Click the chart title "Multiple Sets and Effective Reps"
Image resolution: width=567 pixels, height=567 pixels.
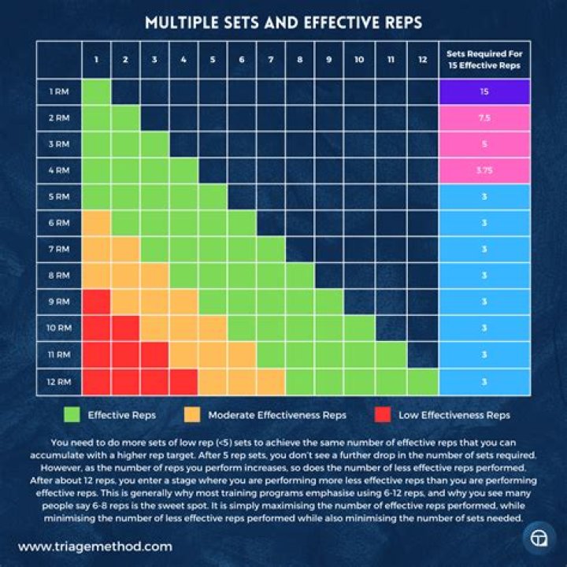tap(283, 23)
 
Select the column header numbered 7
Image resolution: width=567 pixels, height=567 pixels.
tap(271, 60)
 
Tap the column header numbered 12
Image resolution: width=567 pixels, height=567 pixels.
tap(423, 60)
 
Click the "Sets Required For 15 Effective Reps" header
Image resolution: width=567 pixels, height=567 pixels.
tap(484, 60)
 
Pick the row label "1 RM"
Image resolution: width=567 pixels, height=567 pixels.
tap(59, 91)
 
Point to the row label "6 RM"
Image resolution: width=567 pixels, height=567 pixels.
tap(59, 223)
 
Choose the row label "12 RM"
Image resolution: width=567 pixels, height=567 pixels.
tap(59, 381)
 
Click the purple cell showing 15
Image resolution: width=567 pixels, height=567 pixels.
tap(484, 91)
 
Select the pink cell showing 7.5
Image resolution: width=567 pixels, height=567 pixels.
tap(484, 117)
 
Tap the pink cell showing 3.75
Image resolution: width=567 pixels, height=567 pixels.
tap(484, 170)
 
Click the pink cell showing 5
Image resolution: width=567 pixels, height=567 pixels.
tap(484, 144)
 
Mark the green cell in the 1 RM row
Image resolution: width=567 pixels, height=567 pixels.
tap(97, 91)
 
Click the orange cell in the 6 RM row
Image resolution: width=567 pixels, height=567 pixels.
tap(97, 223)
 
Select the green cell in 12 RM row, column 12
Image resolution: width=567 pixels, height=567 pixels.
tap(423, 381)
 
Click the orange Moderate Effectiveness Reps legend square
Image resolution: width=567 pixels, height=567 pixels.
tap(191, 414)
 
